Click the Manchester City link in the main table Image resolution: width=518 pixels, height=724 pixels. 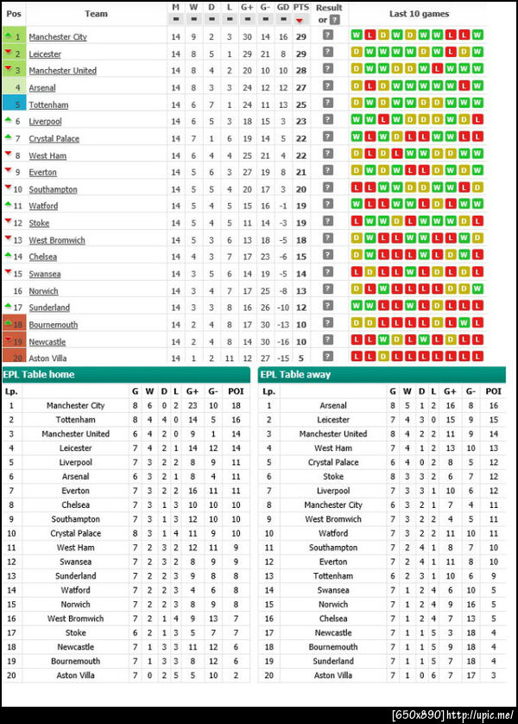pos(58,37)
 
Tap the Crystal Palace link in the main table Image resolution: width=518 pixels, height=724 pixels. pos(54,139)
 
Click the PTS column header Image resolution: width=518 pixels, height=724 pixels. pos(300,7)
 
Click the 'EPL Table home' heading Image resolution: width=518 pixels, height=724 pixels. pos(39,375)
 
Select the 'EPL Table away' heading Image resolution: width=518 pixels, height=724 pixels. pos(295,375)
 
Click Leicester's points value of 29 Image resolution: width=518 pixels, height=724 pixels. pos(300,54)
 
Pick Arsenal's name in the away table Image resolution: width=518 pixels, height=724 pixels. pos(333,405)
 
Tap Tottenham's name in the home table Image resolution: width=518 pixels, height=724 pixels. pos(74,420)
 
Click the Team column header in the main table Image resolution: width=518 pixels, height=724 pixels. pos(97,14)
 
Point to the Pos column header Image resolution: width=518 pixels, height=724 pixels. pos(14,14)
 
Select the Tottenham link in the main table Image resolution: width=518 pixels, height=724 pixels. pos(48,105)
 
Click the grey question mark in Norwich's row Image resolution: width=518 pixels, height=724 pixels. pos(327,290)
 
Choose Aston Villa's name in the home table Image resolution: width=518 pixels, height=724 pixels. pos(74,675)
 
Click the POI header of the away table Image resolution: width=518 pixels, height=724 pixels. pos(494,391)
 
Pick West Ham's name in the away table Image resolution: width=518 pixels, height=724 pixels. pos(333,448)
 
